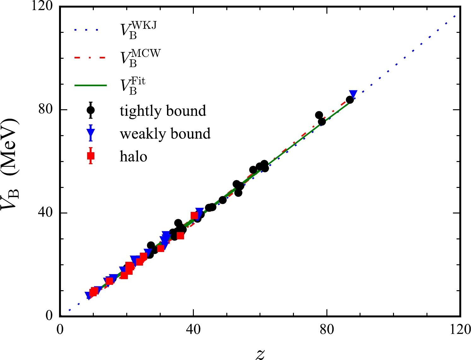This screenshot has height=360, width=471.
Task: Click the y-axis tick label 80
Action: [46, 110]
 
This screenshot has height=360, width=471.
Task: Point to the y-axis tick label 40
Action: [46, 213]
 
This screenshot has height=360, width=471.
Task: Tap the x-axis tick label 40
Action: [193, 329]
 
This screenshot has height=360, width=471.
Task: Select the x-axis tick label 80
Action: [327, 329]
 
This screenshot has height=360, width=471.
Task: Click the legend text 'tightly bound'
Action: [163, 111]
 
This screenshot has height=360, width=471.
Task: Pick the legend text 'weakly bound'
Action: [165, 134]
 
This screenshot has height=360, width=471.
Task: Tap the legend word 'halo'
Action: [134, 157]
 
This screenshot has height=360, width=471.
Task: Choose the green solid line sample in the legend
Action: [91, 85]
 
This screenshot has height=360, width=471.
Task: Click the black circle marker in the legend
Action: [91, 110]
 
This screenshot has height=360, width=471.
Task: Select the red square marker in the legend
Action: [91, 156]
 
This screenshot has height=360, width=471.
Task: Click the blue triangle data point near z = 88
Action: [353, 94]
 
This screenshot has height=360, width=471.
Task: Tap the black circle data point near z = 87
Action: [349, 100]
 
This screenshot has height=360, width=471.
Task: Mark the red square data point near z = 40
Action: [194, 216]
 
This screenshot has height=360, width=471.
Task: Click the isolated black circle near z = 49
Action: [223, 200]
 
